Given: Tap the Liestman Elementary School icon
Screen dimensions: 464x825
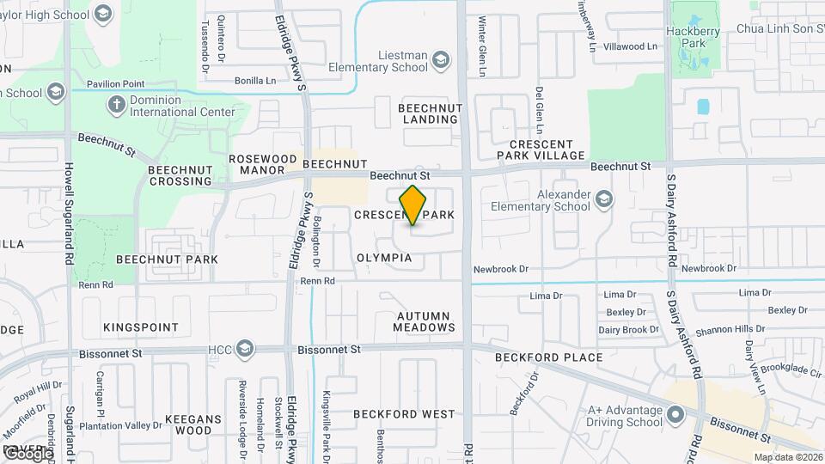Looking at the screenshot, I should [441, 59].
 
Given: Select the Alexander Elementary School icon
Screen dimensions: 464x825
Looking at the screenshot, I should [604, 199].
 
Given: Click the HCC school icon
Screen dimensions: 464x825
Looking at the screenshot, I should [245, 349].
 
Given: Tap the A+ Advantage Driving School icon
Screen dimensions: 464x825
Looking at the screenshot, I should [675, 414].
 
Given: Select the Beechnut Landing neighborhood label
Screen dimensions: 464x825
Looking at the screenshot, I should [431, 113].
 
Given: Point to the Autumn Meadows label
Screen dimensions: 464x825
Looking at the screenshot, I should [425, 321].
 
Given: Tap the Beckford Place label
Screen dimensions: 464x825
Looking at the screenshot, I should [548, 357].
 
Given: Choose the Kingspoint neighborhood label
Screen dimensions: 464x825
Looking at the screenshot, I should [141, 327].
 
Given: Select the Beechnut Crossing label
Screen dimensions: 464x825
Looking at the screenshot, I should [180, 175].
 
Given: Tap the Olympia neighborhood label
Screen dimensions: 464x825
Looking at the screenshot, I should [385, 258].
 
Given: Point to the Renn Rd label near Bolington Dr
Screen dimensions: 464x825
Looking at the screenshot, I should [317, 281].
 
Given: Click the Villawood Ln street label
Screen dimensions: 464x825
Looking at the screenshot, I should [631, 46].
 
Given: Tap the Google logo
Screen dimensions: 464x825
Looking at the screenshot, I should [27, 452].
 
